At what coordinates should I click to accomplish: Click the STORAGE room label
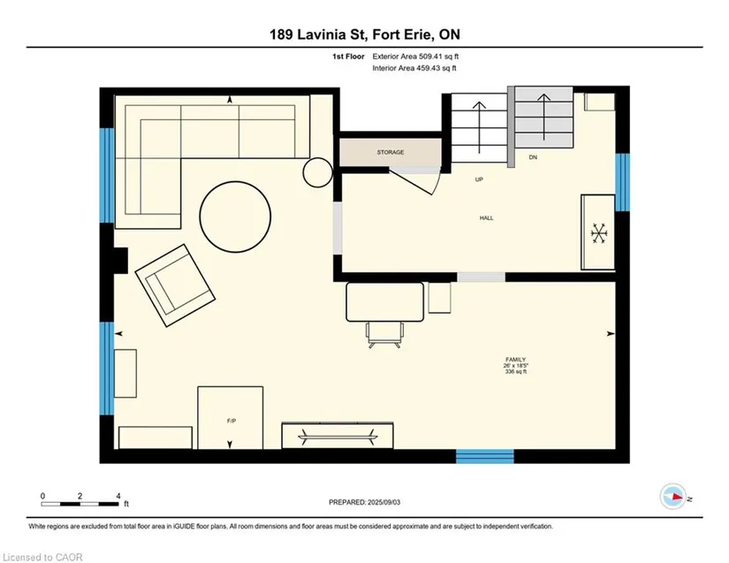click(x=391, y=152)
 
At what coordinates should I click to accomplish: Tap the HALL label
click(x=486, y=217)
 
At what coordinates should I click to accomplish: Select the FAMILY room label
click(x=515, y=360)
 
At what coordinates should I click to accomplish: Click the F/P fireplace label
click(x=231, y=421)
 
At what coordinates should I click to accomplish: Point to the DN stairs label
click(x=533, y=157)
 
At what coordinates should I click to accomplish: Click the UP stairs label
click(x=479, y=179)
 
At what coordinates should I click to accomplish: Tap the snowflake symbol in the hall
click(x=599, y=233)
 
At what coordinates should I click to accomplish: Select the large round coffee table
click(x=235, y=217)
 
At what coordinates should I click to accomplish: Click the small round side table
click(x=318, y=172)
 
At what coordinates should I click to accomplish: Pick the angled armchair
click(x=175, y=285)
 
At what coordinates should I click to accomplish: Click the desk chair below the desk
click(x=384, y=335)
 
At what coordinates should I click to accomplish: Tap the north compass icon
click(x=673, y=497)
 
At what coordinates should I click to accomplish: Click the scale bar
click(x=80, y=504)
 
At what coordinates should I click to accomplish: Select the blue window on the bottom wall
click(x=485, y=456)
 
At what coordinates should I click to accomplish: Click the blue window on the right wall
click(x=623, y=182)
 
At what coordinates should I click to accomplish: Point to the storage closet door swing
click(x=414, y=180)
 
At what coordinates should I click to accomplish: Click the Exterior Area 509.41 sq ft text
click(x=415, y=57)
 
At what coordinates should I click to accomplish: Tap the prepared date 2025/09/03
click(x=383, y=502)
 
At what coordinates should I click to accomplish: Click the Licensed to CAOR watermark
click(x=42, y=557)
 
